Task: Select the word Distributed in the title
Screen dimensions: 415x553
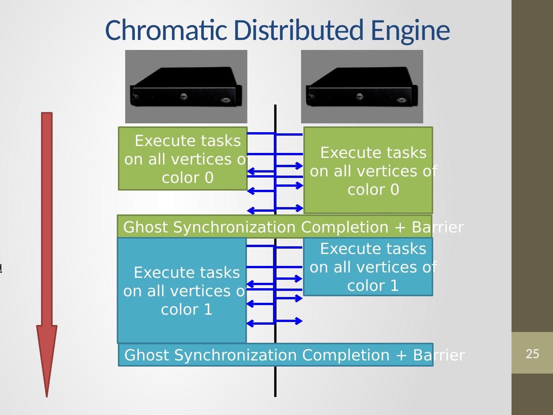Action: pos(298,30)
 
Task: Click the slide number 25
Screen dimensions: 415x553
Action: pos(532,354)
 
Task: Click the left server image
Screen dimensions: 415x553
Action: pos(186,86)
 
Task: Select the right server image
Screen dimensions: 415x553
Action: pos(362,86)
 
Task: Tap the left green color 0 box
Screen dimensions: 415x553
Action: pos(182,158)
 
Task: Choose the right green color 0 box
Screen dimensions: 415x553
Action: pos(368,170)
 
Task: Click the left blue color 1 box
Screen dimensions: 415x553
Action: pos(182,290)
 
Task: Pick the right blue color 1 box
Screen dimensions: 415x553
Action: pos(368,267)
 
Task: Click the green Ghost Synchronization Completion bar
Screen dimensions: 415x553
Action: pos(274,227)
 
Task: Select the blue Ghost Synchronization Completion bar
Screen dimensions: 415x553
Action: pos(275,355)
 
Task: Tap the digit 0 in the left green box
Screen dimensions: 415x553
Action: pos(209,178)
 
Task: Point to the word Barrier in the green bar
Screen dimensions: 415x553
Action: pos(437,227)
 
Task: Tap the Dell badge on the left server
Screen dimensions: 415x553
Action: pos(184,96)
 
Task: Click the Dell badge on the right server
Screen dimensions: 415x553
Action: pos(359,96)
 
